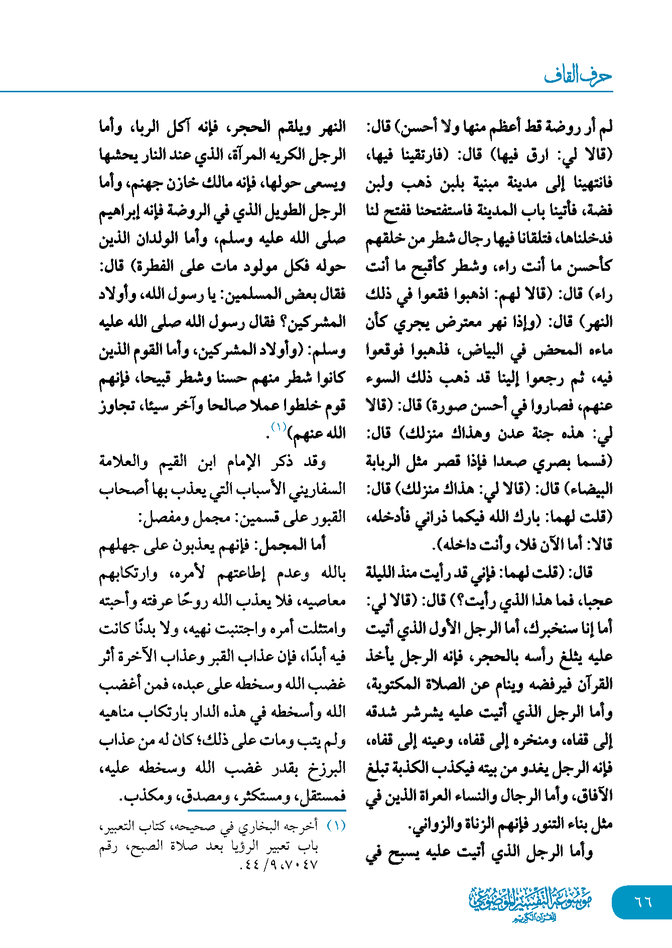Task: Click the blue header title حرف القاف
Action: pyautogui.click(x=578, y=76)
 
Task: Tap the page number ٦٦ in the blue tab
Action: pyautogui.click(x=643, y=902)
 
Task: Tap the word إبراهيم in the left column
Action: pyautogui.click(x=119, y=211)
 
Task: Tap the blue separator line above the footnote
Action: pyautogui.click(x=266, y=810)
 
